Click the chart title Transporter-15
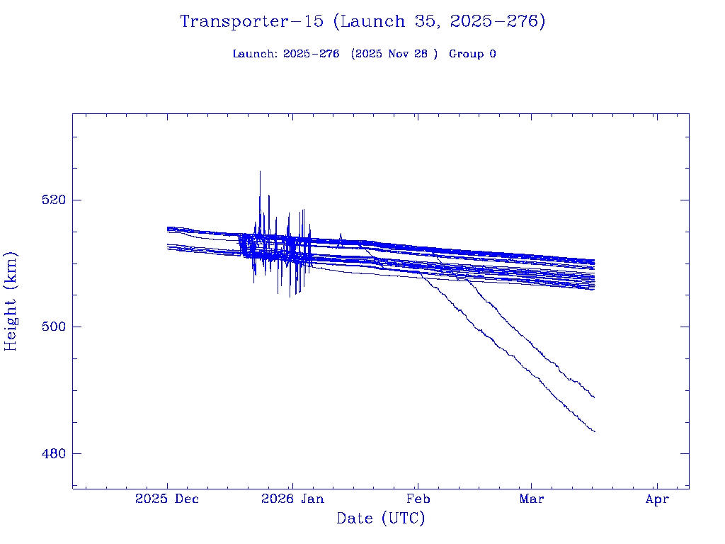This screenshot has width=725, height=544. coord(255,22)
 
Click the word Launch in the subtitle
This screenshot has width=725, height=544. coord(254,54)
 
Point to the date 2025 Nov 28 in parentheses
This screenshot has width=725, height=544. coord(395,54)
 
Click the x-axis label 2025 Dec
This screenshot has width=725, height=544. coord(167,499)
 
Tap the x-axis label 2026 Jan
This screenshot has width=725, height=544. coord(292,499)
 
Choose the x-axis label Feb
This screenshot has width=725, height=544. coord(418,499)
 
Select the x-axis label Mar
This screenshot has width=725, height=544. coord(532,499)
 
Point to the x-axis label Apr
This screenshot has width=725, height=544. coord(657,499)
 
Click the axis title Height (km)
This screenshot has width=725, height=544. coord(11,301)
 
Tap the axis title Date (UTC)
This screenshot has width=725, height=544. coord(381,519)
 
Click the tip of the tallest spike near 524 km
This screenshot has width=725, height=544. coord(260,171)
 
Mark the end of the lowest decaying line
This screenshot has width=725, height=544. coord(595,431)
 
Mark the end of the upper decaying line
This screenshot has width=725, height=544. coord(594,397)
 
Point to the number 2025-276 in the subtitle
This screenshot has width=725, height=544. coord(311,54)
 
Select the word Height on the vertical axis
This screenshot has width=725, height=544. coord(11,318)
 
